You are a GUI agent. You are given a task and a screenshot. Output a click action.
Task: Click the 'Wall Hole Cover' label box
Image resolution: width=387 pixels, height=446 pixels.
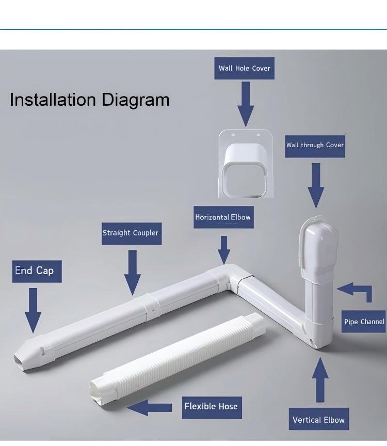244,68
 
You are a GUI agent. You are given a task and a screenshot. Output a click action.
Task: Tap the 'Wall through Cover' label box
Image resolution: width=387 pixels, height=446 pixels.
315,146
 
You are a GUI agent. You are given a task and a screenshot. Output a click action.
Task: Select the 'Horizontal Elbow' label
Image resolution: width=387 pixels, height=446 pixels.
223,217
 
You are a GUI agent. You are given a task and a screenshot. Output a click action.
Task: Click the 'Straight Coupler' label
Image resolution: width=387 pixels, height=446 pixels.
132,233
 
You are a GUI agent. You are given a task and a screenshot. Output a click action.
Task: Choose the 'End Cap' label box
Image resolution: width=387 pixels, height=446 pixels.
37,272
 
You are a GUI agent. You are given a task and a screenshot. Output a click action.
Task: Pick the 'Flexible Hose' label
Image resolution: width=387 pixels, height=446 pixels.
212,408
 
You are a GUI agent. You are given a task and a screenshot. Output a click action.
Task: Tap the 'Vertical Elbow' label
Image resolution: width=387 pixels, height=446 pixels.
319,419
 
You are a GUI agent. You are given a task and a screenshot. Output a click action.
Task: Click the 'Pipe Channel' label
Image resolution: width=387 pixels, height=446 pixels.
364,322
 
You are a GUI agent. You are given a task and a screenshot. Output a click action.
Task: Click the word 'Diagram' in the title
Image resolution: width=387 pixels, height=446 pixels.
135,100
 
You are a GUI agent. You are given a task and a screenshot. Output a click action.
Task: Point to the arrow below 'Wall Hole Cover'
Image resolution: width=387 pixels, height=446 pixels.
246,104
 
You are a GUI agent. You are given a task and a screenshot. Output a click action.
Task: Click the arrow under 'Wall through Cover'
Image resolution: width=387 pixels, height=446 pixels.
316,185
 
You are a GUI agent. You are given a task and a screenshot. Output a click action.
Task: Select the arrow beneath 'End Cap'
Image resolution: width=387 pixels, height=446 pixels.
33,310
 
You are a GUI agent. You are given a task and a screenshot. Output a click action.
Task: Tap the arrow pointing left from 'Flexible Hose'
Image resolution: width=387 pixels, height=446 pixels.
149,407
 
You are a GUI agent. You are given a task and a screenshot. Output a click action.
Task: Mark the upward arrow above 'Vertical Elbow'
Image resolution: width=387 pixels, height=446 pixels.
320,380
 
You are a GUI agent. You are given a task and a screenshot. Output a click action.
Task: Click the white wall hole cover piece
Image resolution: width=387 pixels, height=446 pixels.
246,164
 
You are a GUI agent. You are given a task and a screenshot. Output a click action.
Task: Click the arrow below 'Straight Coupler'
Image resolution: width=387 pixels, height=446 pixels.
133,273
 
